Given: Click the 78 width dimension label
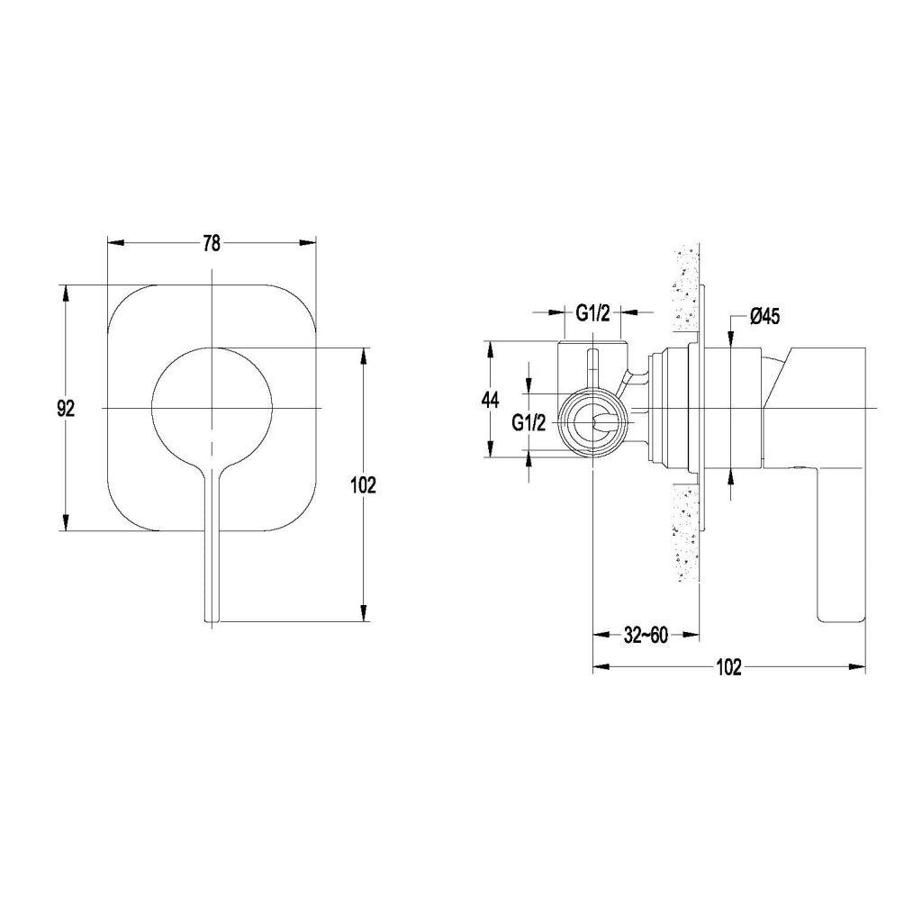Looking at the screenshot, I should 212,243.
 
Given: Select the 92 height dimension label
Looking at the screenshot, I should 65,408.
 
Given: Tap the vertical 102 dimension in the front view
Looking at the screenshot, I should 364,484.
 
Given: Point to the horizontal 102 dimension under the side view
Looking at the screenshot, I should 728,667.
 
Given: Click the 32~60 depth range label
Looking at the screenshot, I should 645,636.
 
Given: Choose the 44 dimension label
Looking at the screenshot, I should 490,401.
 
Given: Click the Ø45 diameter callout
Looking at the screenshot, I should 764,316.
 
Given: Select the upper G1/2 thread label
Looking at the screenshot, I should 592,313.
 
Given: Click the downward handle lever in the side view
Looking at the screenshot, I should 840,549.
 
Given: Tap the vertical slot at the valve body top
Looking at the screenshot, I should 592,369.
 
